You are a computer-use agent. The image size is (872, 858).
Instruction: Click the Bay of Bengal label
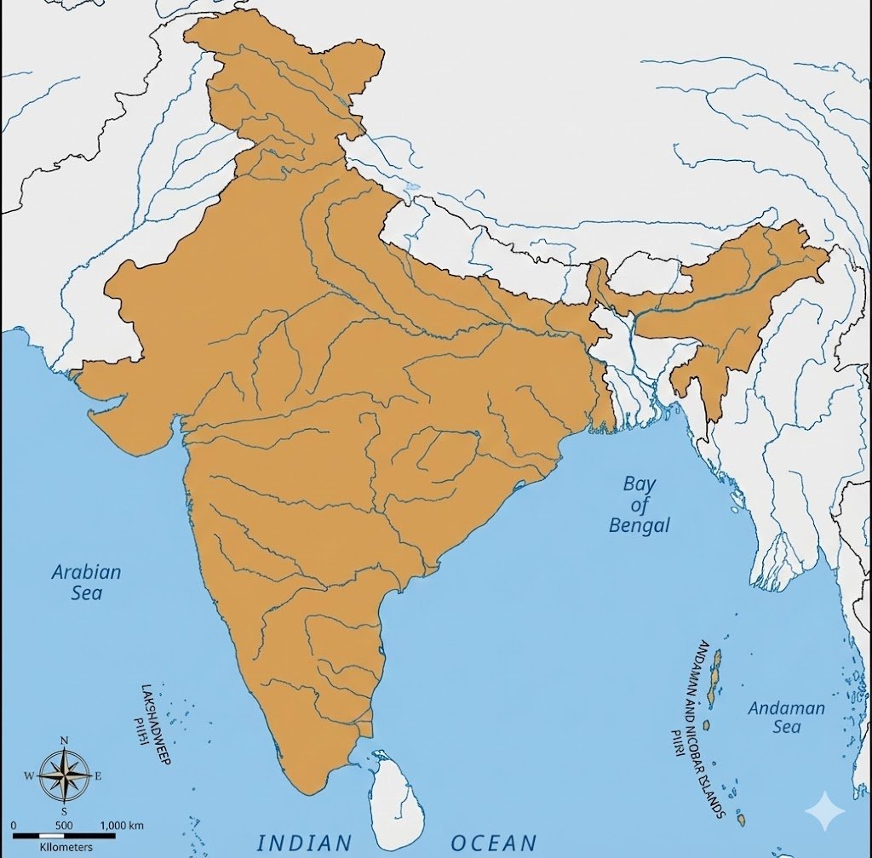(640, 505)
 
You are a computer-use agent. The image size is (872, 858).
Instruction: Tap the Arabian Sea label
(86, 582)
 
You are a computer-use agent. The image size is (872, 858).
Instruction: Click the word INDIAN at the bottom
(304, 843)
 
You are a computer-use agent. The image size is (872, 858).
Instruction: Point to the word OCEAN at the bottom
(494, 843)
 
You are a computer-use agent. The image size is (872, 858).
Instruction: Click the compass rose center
(65, 775)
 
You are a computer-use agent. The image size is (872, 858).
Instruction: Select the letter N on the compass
(65, 741)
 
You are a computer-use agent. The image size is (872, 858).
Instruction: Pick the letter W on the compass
(28, 775)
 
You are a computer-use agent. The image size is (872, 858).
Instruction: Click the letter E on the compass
(98, 775)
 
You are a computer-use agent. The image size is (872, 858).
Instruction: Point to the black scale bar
(64, 837)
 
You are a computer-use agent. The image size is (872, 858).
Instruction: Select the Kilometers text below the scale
(66, 847)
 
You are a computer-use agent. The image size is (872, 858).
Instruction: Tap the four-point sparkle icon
(826, 812)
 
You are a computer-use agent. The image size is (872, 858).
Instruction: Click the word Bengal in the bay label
(640, 525)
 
